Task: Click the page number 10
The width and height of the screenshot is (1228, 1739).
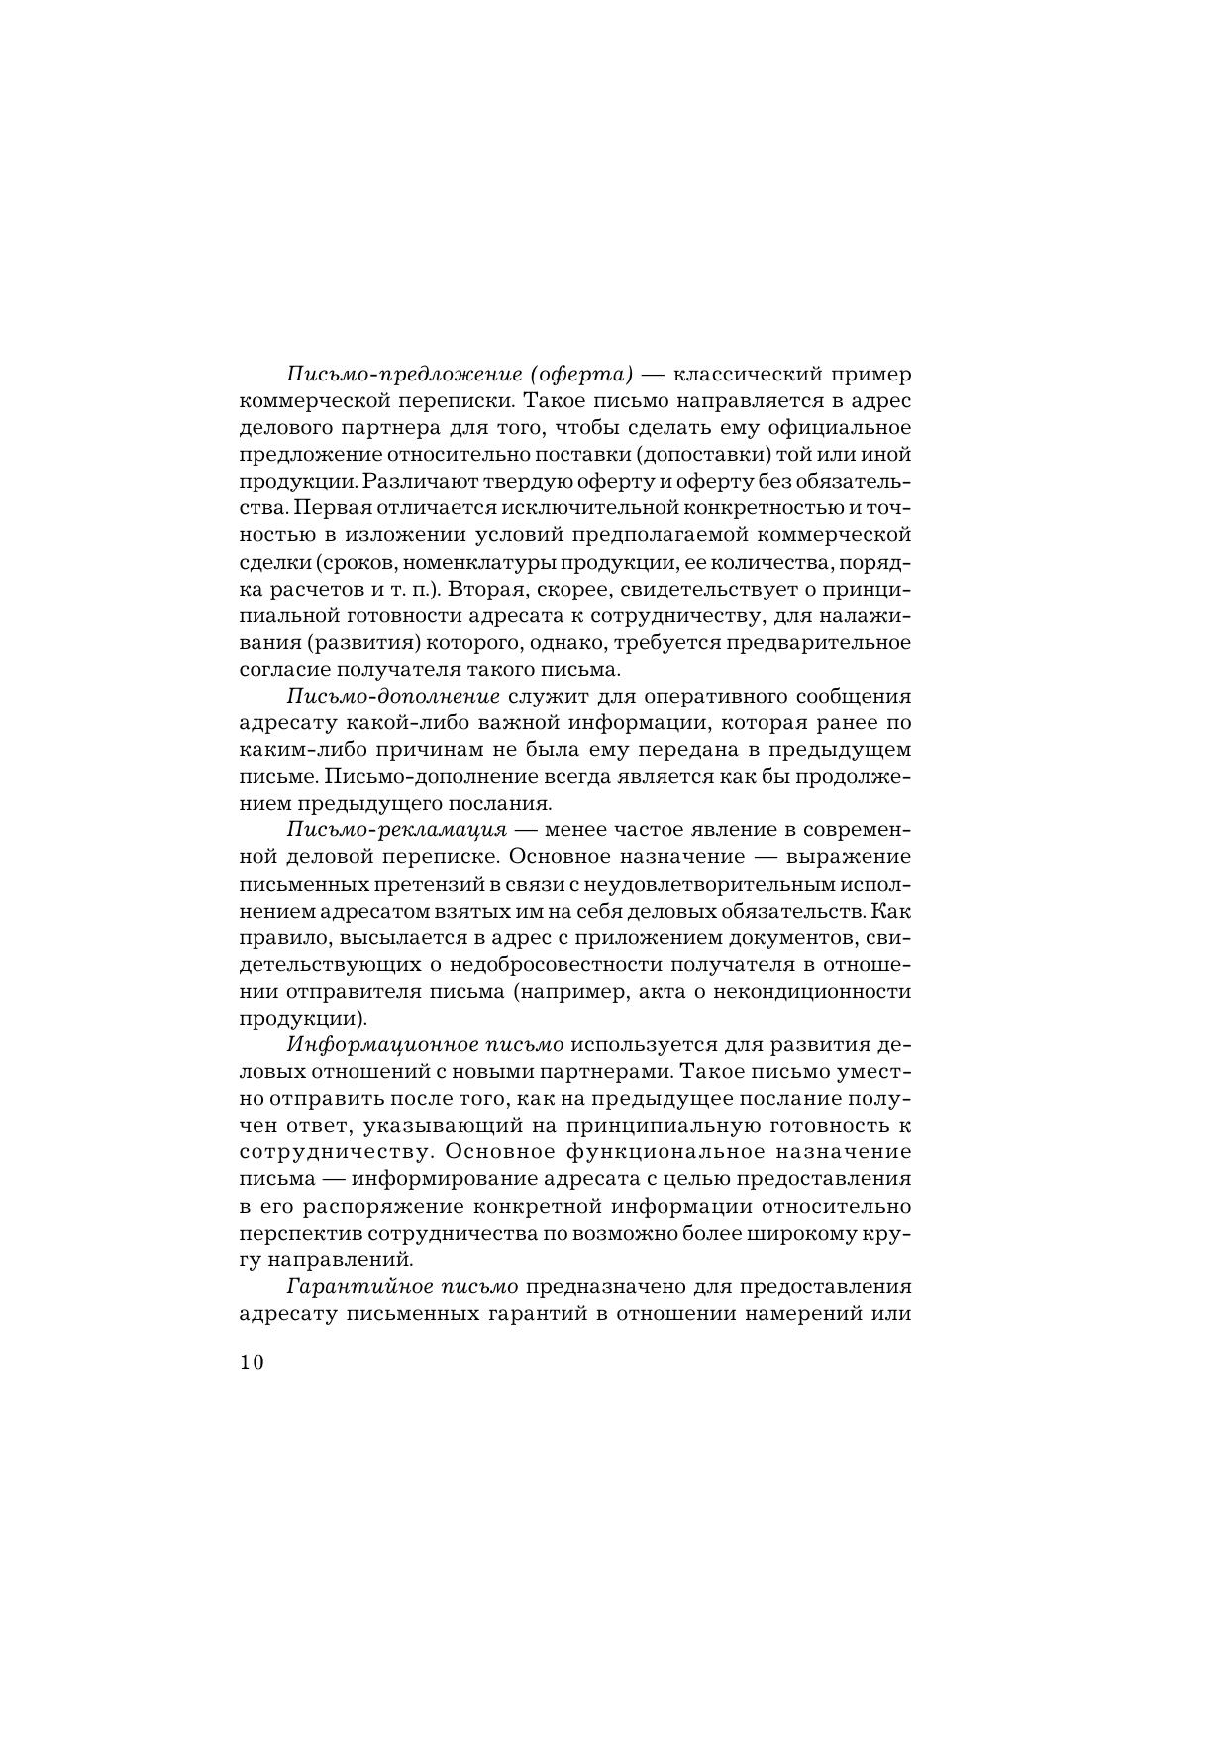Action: pyautogui.click(x=252, y=1362)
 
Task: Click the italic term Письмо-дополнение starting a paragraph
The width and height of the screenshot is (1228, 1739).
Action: pyautogui.click(x=393, y=697)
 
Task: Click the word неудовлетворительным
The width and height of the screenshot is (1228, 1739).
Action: pyautogui.click(x=698, y=884)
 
